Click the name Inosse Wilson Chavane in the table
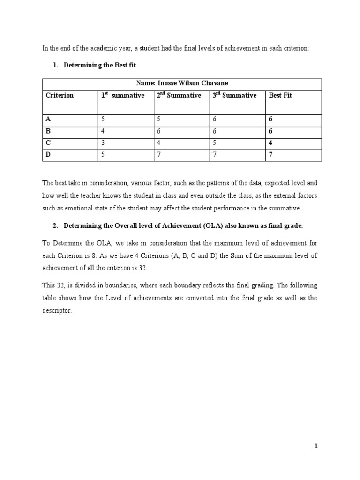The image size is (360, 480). click(182, 83)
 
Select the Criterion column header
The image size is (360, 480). click(60, 96)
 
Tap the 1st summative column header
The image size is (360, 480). click(123, 96)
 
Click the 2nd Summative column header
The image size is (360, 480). click(179, 96)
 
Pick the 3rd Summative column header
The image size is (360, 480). click(235, 96)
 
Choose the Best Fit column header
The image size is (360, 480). click(280, 96)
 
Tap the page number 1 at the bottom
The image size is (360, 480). click(316, 447)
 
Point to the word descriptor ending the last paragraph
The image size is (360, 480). click(57, 311)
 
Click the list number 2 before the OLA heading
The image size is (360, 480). click(55, 226)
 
